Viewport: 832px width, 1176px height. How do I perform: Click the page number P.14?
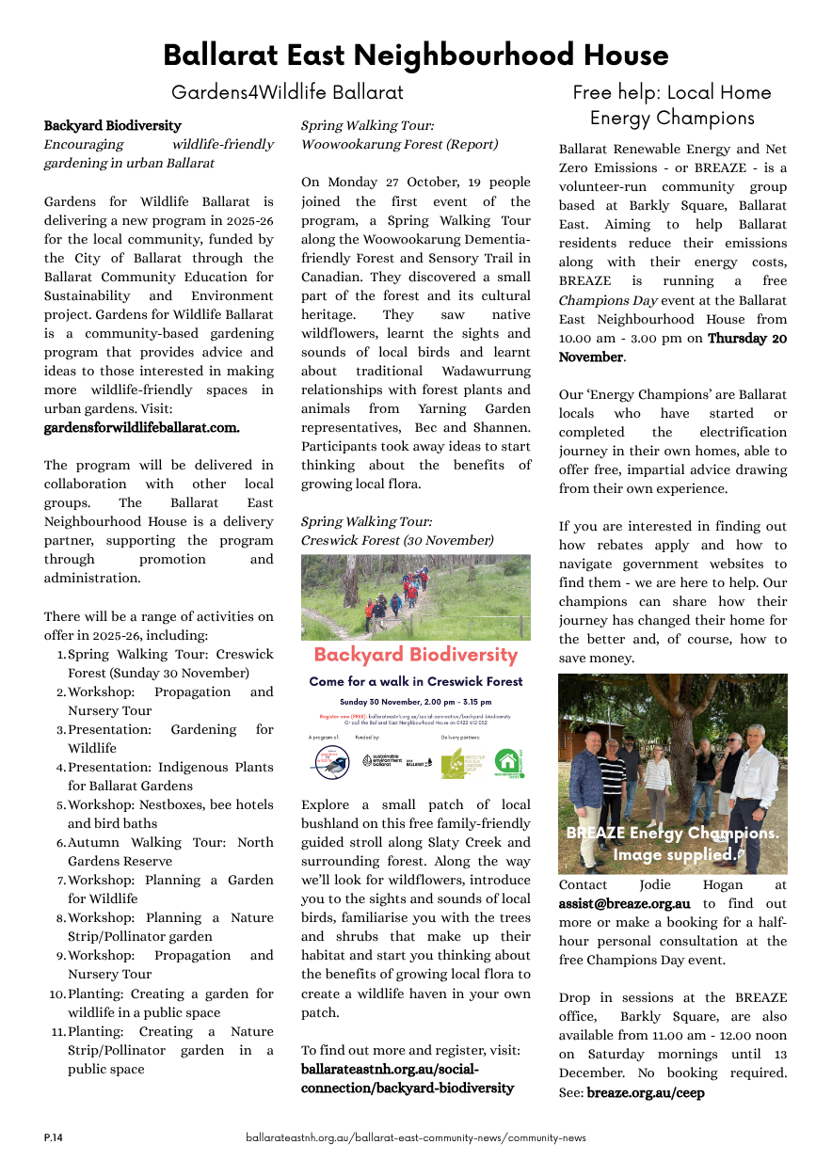click(x=53, y=1137)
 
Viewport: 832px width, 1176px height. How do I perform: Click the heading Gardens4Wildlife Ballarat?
click(x=287, y=92)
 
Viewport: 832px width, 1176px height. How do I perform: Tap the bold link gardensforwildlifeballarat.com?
click(x=141, y=427)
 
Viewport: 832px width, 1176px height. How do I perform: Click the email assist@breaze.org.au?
click(x=624, y=903)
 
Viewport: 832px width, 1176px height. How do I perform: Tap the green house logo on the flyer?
click(x=508, y=761)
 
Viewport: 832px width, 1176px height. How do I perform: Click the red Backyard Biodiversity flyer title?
click(x=415, y=655)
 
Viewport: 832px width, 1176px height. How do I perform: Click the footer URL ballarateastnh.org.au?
click(x=415, y=1137)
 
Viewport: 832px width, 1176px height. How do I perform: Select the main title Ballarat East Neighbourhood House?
click(x=415, y=55)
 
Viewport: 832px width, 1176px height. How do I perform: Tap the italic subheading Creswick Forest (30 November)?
click(x=396, y=540)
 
